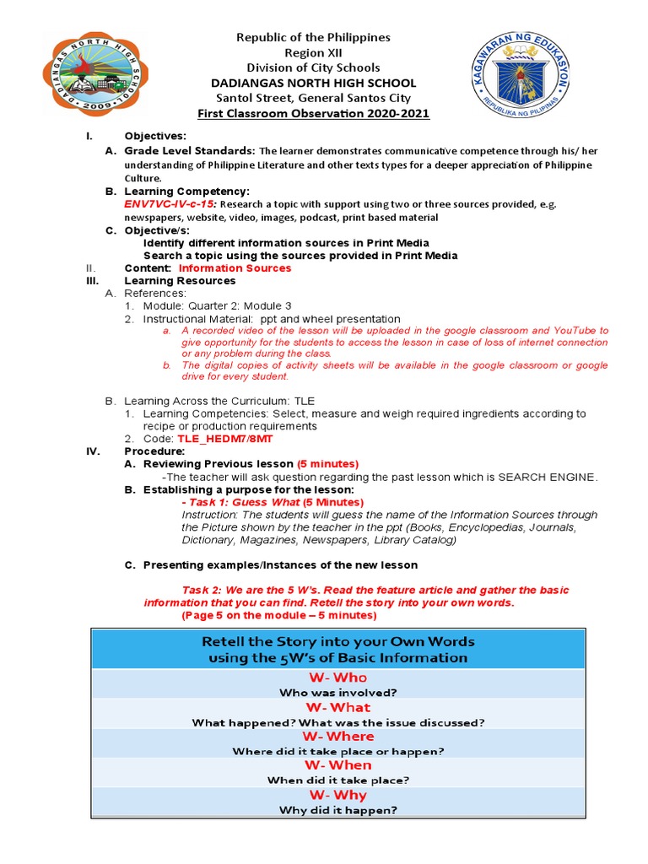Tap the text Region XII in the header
tap(313, 52)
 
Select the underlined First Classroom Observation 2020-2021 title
tap(313, 114)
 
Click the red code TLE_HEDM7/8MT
tap(224, 439)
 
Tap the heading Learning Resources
tap(180, 281)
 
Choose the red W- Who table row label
tap(337, 678)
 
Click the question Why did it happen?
tap(337, 810)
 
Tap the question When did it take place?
tap(337, 780)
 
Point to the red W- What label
tap(337, 707)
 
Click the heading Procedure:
tap(154, 451)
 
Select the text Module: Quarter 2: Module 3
tap(217, 305)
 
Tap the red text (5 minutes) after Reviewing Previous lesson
tap(327, 464)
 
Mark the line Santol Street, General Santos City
tap(313, 98)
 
